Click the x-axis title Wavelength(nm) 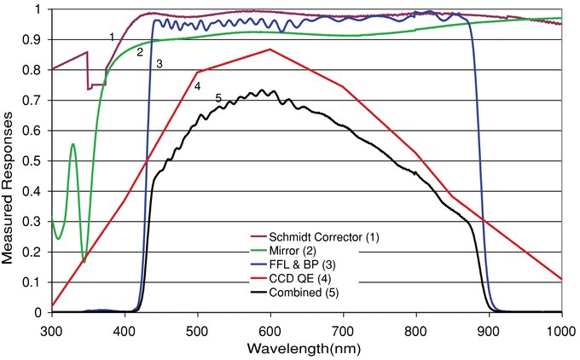pyautogui.click(x=307, y=349)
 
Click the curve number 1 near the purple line pyautogui.click(x=112, y=36)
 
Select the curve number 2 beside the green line pyautogui.click(x=139, y=52)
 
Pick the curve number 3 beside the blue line pyautogui.click(x=159, y=64)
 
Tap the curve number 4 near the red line pyautogui.click(x=197, y=86)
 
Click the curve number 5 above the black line pyautogui.click(x=219, y=99)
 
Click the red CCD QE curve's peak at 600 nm pyautogui.click(x=270, y=49)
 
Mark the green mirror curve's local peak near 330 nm pyautogui.click(x=73, y=144)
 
